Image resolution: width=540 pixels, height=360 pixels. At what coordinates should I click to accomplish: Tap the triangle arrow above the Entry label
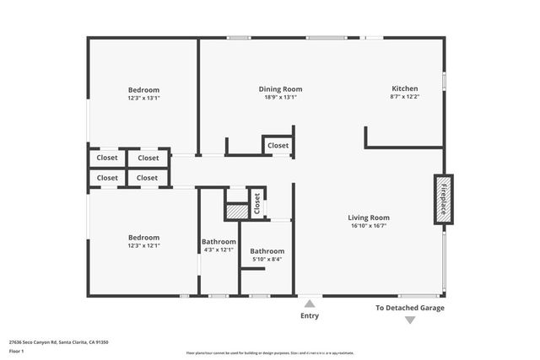coord(310,304)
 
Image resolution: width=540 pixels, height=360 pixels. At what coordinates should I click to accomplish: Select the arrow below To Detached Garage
coord(409,320)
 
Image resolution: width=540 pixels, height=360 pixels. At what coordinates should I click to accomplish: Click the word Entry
coord(310,316)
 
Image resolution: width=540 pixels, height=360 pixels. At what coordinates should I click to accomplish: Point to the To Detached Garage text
coord(409,308)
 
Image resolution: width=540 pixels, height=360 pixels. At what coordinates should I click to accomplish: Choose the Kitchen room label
coord(405,89)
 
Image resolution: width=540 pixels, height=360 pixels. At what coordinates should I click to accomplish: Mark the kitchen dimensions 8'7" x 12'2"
coord(405,97)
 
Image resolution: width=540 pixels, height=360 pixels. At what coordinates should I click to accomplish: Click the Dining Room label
coord(280,89)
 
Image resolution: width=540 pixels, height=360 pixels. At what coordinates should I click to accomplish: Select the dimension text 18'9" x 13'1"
coord(280,97)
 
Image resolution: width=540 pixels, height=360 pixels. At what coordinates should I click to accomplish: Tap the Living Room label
coord(370,218)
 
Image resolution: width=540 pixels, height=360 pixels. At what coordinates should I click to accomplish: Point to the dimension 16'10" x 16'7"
coord(370,226)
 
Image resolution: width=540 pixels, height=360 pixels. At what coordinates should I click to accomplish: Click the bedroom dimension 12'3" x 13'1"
coord(143,98)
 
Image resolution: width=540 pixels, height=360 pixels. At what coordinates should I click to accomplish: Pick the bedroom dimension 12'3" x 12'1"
coord(143,245)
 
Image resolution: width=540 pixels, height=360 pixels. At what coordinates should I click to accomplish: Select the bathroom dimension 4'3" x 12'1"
coord(219,250)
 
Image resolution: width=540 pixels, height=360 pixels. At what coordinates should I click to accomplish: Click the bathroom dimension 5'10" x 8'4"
coord(267,259)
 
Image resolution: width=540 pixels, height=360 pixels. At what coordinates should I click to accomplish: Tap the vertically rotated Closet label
coord(257,203)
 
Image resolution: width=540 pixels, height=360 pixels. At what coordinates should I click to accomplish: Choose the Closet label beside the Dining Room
coord(278,145)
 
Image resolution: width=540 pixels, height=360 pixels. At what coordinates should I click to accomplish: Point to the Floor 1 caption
coord(17,351)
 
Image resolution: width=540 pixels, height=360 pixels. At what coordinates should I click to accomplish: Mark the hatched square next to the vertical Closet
coord(237,212)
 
